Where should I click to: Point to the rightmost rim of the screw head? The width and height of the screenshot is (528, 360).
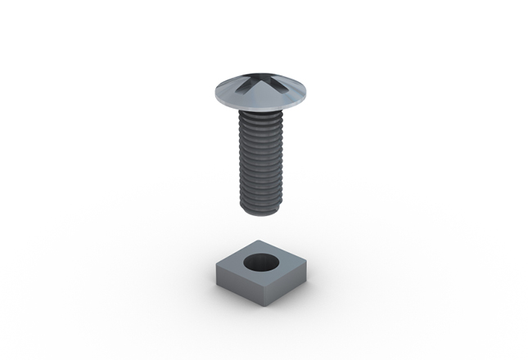tap(309, 93)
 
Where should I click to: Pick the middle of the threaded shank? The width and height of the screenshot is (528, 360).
tap(262, 160)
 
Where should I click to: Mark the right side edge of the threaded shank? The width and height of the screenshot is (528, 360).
tap(284, 160)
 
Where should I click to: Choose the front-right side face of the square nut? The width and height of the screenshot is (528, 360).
tap(287, 279)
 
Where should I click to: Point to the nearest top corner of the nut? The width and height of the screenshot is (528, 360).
tap(261, 281)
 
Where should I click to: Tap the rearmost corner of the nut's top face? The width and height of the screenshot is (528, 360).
tap(261, 241)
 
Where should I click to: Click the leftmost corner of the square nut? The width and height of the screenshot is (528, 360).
tap(215, 262)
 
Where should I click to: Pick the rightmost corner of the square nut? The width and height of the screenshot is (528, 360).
tap(308, 262)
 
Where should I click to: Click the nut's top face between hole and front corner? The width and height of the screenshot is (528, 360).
tap(261, 276)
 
